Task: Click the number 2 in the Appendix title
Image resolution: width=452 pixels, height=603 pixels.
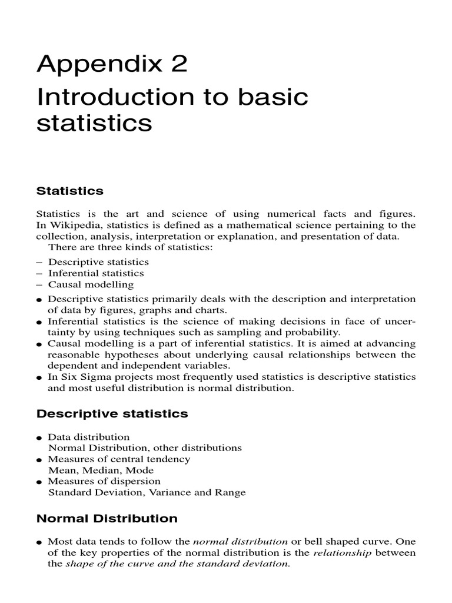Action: [177, 63]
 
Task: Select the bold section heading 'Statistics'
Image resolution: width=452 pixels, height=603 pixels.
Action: [69, 191]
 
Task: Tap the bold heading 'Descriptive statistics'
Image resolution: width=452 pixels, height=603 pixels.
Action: [112, 414]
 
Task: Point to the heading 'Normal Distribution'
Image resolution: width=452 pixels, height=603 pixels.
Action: [107, 519]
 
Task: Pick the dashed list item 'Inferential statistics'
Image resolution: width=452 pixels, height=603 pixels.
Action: [96, 273]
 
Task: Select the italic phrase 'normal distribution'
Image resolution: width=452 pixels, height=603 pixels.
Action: [240, 541]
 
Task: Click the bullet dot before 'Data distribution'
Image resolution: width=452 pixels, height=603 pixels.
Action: [39, 438]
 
